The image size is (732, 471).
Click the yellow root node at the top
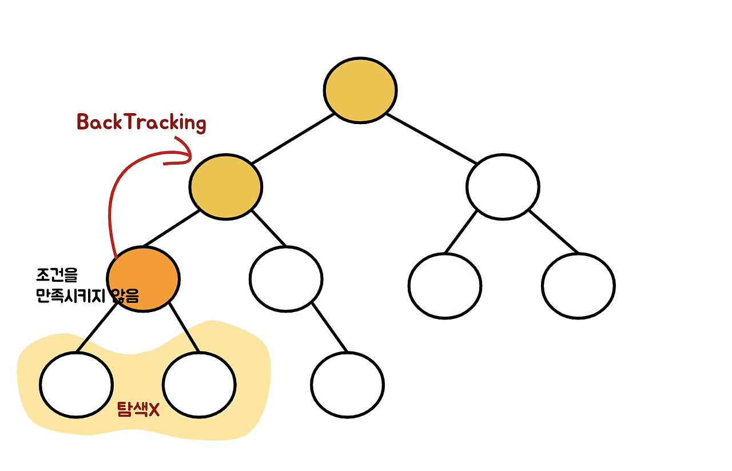360,90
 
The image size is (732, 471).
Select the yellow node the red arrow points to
226,186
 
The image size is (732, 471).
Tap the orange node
144,279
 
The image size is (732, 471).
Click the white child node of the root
503,186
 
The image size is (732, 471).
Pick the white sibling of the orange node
286,279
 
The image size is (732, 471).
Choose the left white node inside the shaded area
77,385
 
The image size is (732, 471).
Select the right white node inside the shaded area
199,385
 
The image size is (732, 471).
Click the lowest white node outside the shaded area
348,385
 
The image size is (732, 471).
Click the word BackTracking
141,122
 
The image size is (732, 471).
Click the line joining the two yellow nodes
292,139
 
